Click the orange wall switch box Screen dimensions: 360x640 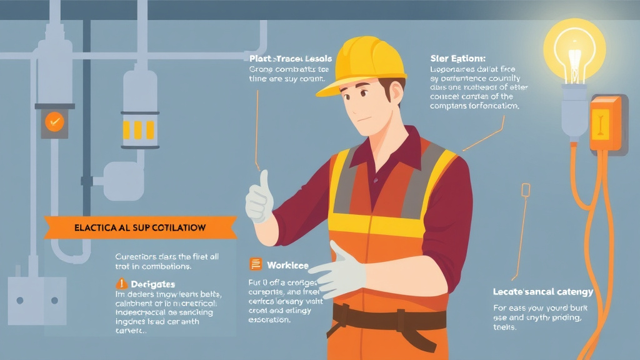tap(604, 123)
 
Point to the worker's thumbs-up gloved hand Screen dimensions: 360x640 tap(259, 198)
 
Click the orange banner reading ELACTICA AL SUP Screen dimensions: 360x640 tap(140, 228)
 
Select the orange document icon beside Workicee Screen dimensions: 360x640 tap(255, 265)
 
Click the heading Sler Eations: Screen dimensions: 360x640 tap(458, 58)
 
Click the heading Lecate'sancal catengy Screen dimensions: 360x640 tap(542, 292)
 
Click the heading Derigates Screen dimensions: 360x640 tap(152, 284)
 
